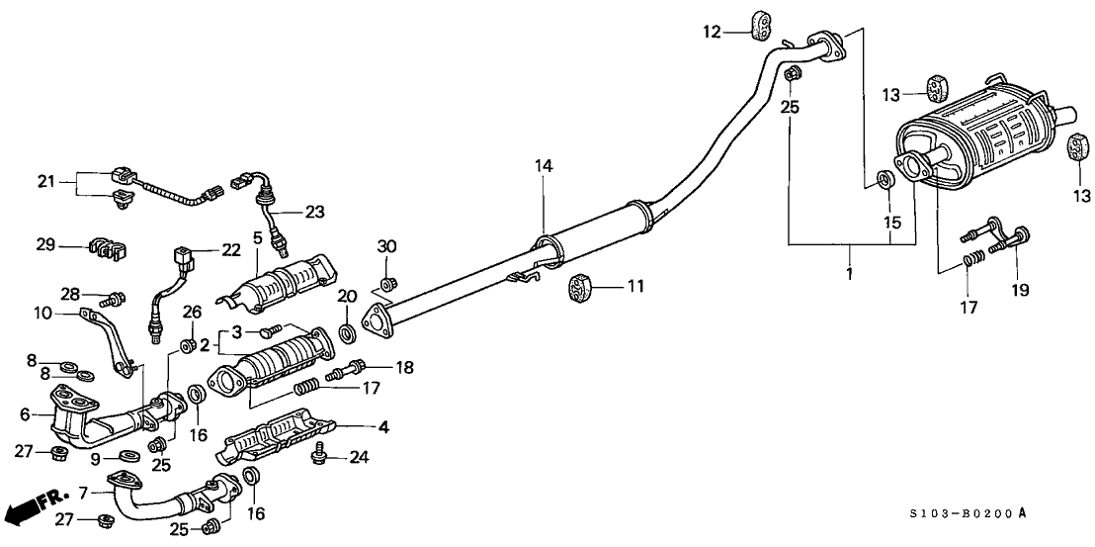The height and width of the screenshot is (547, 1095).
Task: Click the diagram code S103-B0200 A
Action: tap(999, 512)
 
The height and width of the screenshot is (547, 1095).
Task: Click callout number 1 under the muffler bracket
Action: tap(850, 270)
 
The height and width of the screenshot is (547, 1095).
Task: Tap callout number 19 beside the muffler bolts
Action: tap(1021, 290)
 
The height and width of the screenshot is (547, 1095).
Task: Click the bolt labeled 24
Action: tap(319, 455)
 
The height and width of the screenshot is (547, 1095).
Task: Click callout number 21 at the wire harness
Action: tap(44, 180)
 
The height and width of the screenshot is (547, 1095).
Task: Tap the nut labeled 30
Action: tap(388, 284)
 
